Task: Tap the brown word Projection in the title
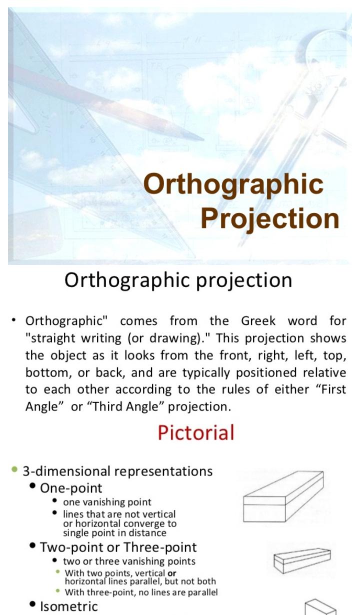(x=270, y=219)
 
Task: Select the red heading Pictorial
(x=196, y=432)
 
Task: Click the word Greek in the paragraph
(x=258, y=320)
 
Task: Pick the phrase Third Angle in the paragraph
(x=126, y=406)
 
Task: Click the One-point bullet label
(x=71, y=488)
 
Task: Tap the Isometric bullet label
(x=68, y=606)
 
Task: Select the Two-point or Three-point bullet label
(x=118, y=547)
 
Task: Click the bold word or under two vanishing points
(x=171, y=573)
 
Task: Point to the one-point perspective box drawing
(x=283, y=496)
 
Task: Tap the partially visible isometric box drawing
(x=320, y=607)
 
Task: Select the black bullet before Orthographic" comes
(x=13, y=320)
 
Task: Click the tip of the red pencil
(x=203, y=139)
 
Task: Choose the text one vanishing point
(x=107, y=502)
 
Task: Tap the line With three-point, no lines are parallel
(x=141, y=592)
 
